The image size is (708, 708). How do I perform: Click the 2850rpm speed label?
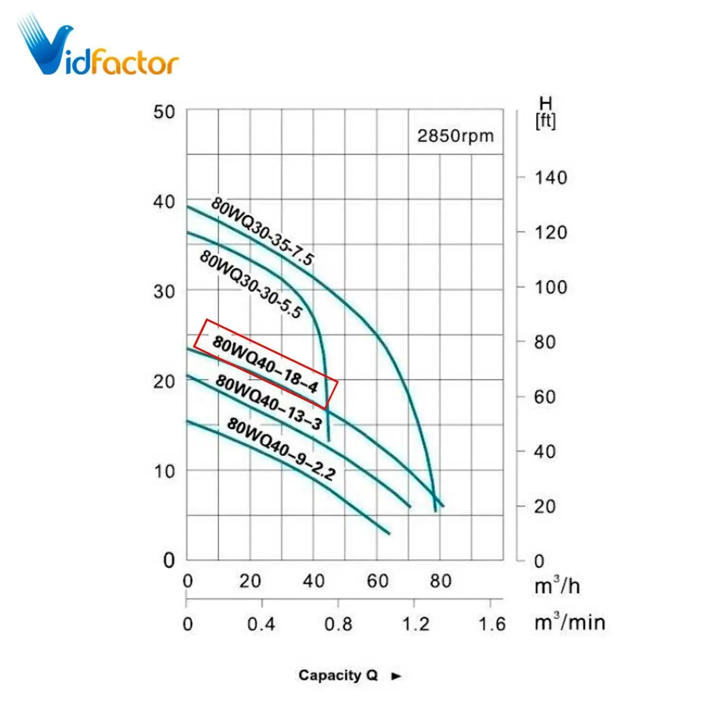tap(455, 136)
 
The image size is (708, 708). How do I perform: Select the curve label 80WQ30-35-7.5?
tap(262, 231)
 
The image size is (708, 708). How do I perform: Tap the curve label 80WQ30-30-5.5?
tap(251, 284)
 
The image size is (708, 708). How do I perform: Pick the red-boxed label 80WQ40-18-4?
tap(266, 364)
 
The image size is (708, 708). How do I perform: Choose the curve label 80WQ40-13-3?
tap(269, 402)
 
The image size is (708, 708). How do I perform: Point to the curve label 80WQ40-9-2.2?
tap(281, 448)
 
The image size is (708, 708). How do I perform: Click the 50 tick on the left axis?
tap(164, 112)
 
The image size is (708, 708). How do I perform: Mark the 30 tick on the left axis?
tap(164, 292)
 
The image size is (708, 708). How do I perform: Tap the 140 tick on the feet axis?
tap(550, 178)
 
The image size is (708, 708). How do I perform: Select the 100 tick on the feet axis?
tap(550, 287)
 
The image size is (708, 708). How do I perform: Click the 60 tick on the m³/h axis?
tap(378, 581)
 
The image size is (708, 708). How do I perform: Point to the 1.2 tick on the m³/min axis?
tap(415, 624)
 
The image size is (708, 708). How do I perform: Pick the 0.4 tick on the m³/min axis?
tap(261, 624)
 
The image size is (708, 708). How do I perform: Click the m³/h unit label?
tap(557, 586)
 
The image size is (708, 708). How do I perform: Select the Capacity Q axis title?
tap(338, 675)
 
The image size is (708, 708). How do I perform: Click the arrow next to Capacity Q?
tap(396, 676)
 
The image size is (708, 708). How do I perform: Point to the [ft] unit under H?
tap(546, 121)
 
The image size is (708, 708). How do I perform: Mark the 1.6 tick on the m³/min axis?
tap(492, 624)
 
